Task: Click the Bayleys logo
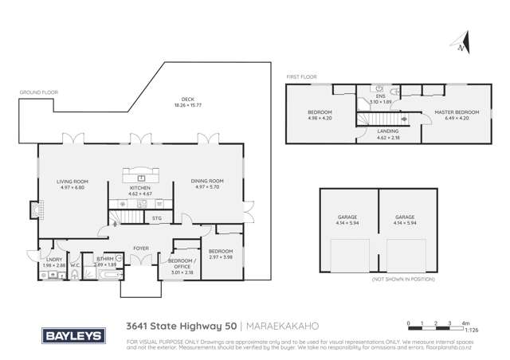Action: click(x=73, y=335)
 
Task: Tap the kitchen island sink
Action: click(x=141, y=177)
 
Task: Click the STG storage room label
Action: click(x=157, y=217)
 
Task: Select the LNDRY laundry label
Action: click(x=54, y=259)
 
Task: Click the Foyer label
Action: click(x=141, y=247)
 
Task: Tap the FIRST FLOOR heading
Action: click(x=301, y=77)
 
